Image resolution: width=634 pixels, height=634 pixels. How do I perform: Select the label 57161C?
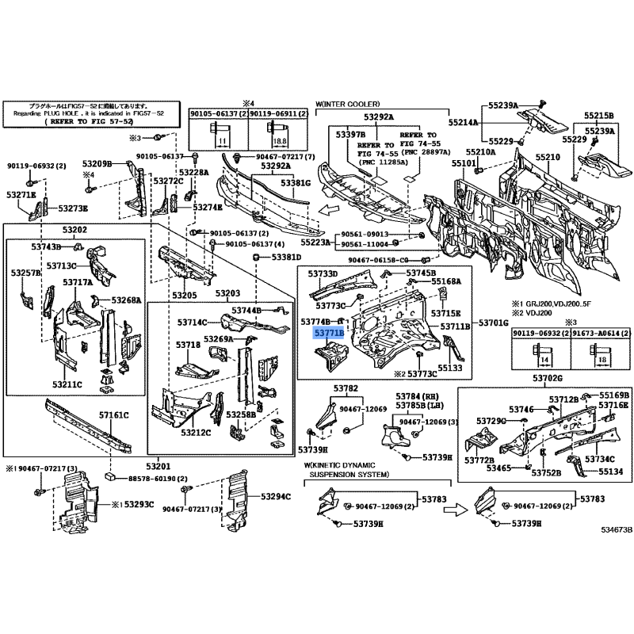click(x=114, y=414)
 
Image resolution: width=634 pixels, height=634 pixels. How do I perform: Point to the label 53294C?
click(x=276, y=496)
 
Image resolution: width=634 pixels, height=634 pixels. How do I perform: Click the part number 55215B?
click(x=600, y=115)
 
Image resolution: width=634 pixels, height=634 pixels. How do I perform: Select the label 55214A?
click(x=464, y=123)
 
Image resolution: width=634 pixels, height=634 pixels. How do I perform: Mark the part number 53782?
click(x=345, y=388)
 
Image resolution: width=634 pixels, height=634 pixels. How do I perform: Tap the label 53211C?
click(x=68, y=384)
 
